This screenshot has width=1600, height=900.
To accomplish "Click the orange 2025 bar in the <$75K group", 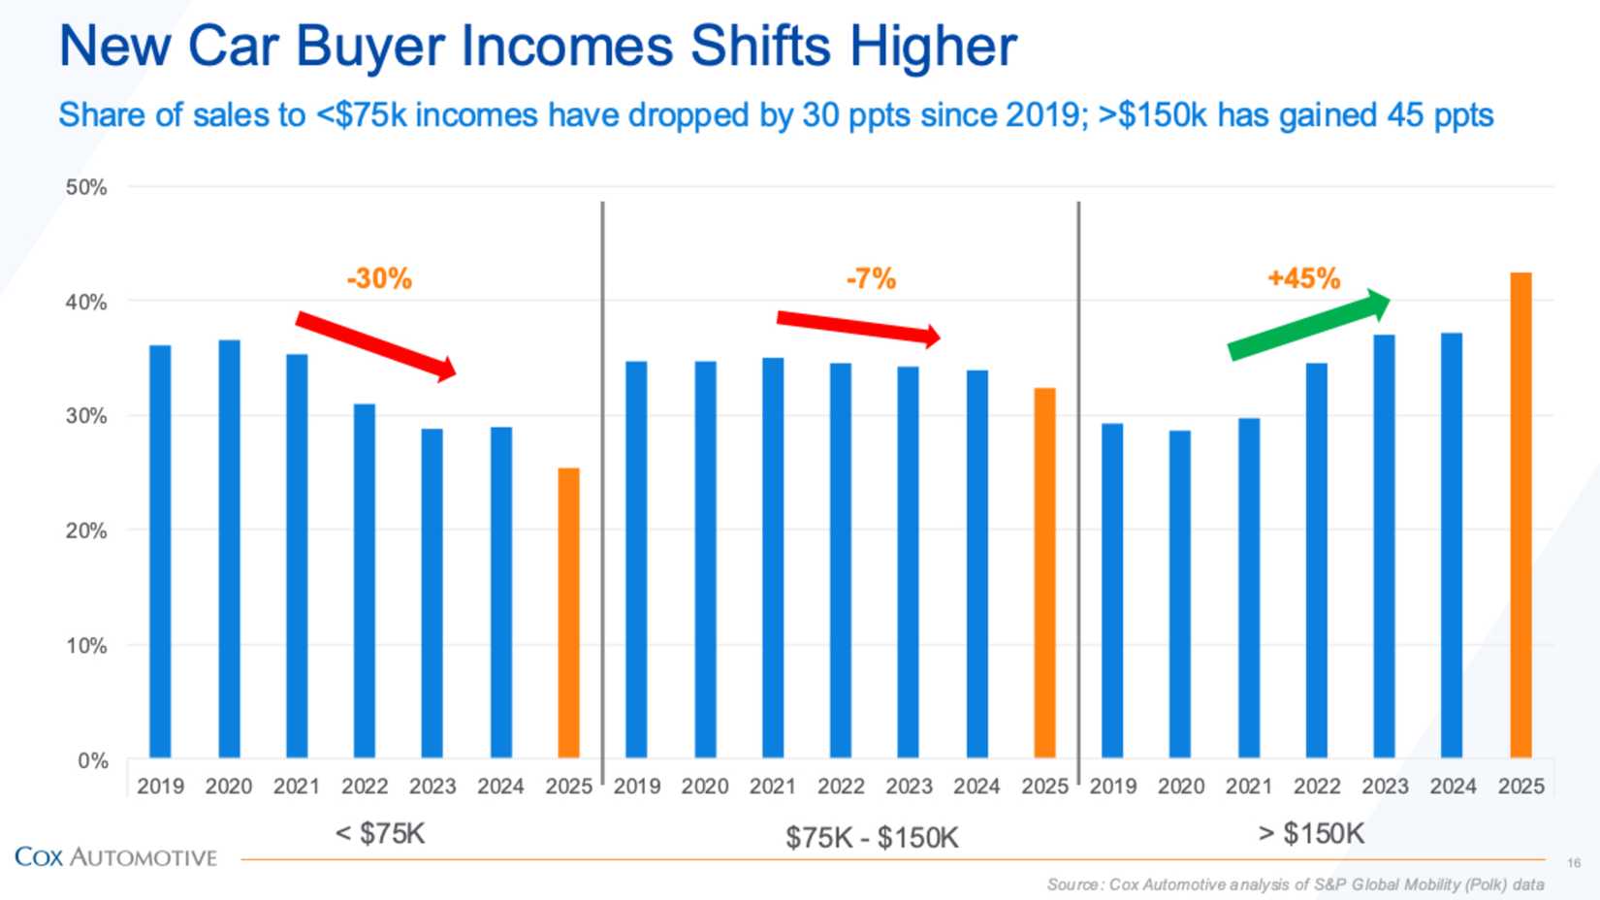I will [x=568, y=613].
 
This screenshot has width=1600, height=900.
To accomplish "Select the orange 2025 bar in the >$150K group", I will [x=1520, y=515].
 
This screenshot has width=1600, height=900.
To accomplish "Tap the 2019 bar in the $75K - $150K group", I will [x=636, y=560].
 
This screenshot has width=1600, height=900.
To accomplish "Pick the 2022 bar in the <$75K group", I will [x=365, y=581].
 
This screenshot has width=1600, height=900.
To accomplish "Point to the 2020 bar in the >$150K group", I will [x=1179, y=594].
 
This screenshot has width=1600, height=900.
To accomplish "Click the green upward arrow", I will [x=1309, y=324].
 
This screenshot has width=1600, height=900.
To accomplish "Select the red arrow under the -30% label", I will [x=376, y=345].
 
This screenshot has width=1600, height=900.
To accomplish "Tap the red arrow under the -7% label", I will [x=858, y=328].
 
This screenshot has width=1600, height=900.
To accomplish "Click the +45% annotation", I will [x=1303, y=279].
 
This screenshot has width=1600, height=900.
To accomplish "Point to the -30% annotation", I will [x=379, y=279].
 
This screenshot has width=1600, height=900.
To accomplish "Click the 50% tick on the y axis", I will [x=86, y=187].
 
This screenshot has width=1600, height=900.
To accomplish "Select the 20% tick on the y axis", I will [x=86, y=530].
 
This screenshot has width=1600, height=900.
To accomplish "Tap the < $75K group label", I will [x=380, y=834].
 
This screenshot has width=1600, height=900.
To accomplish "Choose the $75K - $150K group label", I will [x=872, y=837].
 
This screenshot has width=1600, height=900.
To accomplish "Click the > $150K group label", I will [x=1311, y=834].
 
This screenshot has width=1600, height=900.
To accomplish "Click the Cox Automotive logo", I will [x=116, y=857].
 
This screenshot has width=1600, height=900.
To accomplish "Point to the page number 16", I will [x=1573, y=862].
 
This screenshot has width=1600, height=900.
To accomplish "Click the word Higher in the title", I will [x=935, y=47].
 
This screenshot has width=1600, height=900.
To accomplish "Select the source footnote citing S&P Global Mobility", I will [x=1295, y=884].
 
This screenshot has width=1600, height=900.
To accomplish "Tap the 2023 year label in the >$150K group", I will [x=1384, y=787].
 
